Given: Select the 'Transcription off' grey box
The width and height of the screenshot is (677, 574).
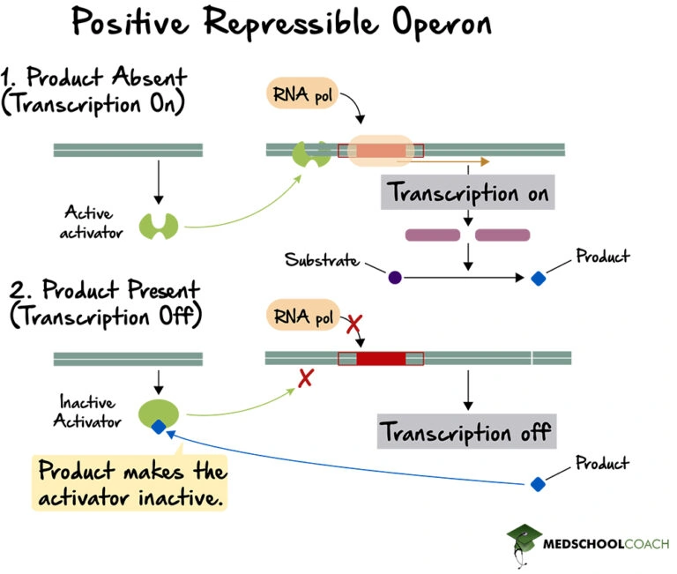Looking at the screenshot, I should pos(465,432).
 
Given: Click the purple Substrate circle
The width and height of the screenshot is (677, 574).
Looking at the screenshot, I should pos(395,278).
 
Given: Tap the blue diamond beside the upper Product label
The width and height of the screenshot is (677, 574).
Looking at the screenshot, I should pos(538,279).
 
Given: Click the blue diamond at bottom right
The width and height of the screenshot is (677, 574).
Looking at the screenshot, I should pos(537,484).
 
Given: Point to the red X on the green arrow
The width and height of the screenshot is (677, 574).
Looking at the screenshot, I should pos(306,378).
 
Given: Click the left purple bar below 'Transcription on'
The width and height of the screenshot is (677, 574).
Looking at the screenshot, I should pos(432,235).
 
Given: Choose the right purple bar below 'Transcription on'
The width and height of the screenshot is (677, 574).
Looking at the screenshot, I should pos(502,235).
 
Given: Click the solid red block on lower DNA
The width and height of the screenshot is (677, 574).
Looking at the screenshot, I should pos(381,359).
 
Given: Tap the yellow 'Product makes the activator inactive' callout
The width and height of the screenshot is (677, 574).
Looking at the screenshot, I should pos(131,483).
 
